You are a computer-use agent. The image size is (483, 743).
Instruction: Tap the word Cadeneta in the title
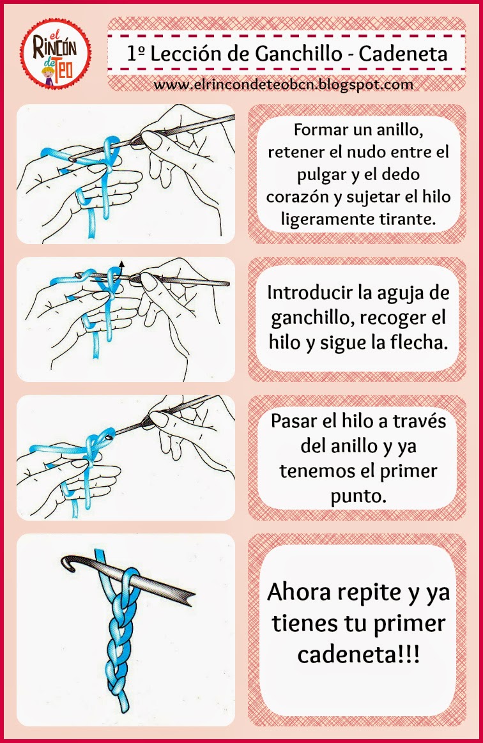tap(403, 54)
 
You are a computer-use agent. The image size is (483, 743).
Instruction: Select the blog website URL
tap(284, 85)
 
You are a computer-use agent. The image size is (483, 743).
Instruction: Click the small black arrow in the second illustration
tap(121, 265)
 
